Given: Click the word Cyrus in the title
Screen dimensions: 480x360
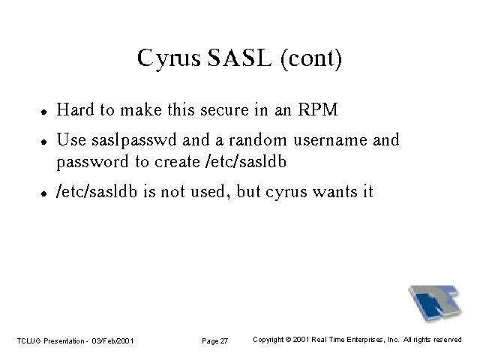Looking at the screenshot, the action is coord(169,58).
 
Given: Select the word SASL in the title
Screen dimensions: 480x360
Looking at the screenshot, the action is coord(239,58).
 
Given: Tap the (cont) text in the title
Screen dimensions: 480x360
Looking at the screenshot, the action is coord(311,58).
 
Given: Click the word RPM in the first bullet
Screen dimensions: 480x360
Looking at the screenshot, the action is coord(318,109).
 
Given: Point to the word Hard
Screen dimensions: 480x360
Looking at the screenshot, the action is coord(75,109).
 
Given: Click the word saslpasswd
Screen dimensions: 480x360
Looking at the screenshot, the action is coord(134,140).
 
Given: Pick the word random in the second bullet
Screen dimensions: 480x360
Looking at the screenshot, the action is coord(258,140).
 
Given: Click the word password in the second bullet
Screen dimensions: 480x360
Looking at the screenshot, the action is coord(92,162).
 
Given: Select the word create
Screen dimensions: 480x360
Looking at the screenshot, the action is coord(177,162).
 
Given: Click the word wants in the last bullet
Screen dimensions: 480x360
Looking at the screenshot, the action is coord(334,193).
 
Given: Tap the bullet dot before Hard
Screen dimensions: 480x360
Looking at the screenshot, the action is coord(44,112).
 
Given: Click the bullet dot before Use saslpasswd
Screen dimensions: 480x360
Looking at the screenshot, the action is coord(44,142).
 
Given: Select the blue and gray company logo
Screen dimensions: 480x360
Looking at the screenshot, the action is coord(435,303).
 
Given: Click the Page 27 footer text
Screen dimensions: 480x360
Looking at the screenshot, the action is coord(215,341).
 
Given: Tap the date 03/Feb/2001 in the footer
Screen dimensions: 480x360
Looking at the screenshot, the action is coord(112,341).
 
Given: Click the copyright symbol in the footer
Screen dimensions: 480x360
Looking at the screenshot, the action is coord(288,340).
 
